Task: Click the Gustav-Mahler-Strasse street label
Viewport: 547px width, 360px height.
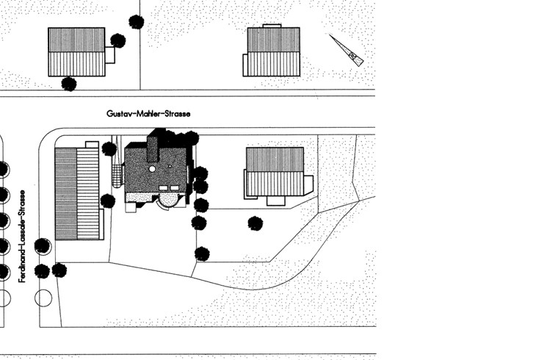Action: point(148,113)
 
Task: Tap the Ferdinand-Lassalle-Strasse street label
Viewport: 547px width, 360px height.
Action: point(22,236)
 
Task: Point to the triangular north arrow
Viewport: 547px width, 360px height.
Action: point(347,50)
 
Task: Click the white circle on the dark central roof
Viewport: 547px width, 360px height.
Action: point(152,169)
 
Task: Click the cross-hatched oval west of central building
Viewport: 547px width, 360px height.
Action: point(117,176)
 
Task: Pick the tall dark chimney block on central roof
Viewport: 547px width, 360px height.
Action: point(153,148)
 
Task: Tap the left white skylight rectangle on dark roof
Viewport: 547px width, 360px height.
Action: point(163,188)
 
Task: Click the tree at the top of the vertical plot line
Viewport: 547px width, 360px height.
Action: point(137,21)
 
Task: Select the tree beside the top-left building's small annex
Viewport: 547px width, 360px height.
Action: point(118,40)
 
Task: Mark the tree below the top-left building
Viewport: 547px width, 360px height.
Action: point(69,84)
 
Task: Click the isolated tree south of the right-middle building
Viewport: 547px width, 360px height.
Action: point(256,223)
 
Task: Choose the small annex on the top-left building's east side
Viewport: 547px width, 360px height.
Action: point(110,55)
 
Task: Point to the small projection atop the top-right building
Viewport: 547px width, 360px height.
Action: point(272,26)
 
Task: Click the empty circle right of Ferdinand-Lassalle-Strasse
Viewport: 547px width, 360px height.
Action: point(43,298)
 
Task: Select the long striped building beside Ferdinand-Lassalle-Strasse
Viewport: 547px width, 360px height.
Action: point(77,193)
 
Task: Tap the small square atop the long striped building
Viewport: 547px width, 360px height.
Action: point(92,145)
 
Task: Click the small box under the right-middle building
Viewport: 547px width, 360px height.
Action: point(276,201)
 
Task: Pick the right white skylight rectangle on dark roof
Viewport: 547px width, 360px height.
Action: point(175,188)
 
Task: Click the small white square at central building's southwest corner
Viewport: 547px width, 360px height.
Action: point(131,207)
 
